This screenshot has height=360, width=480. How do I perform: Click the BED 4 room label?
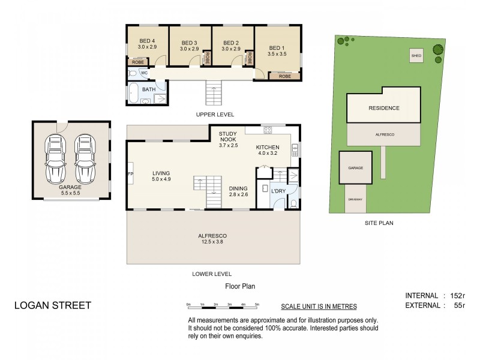(x=147, y=41)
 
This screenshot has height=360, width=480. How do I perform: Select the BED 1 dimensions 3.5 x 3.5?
(x=277, y=54)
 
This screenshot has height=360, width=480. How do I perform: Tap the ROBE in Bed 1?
(x=284, y=76)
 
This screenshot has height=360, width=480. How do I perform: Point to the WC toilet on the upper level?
(x=133, y=73)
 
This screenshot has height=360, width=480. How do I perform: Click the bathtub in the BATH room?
(x=133, y=93)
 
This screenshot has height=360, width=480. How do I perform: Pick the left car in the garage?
(x=55, y=159)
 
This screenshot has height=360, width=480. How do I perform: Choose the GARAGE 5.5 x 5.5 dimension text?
(x=70, y=193)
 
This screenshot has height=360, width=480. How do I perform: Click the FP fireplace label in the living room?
(x=131, y=174)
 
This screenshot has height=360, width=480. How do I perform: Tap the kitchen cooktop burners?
(x=268, y=130)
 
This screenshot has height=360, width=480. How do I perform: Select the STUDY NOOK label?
(x=228, y=137)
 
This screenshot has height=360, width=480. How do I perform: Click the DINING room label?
(x=238, y=188)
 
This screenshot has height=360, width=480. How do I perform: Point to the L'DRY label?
(x=278, y=191)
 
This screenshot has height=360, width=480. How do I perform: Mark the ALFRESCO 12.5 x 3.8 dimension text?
(x=212, y=242)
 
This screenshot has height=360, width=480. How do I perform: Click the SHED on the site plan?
(x=416, y=56)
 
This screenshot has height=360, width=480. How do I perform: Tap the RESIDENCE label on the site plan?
(x=384, y=108)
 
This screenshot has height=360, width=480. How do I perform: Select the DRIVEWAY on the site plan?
(x=355, y=199)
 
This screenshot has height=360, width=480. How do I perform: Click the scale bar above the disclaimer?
(x=223, y=305)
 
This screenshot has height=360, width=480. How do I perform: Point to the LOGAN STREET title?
(x=53, y=305)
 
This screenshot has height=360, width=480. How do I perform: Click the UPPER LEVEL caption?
(x=215, y=115)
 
